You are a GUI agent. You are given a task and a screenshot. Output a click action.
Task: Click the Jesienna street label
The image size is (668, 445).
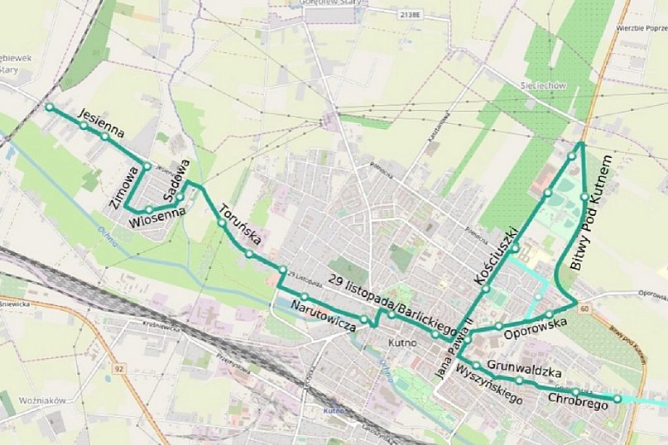(101, 121)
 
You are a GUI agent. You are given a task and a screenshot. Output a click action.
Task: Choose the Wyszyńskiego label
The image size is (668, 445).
(490, 385)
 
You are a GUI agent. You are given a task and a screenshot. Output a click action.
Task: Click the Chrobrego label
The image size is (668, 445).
(579, 401)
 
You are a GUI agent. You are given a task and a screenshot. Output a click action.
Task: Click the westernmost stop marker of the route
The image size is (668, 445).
(50, 108)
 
